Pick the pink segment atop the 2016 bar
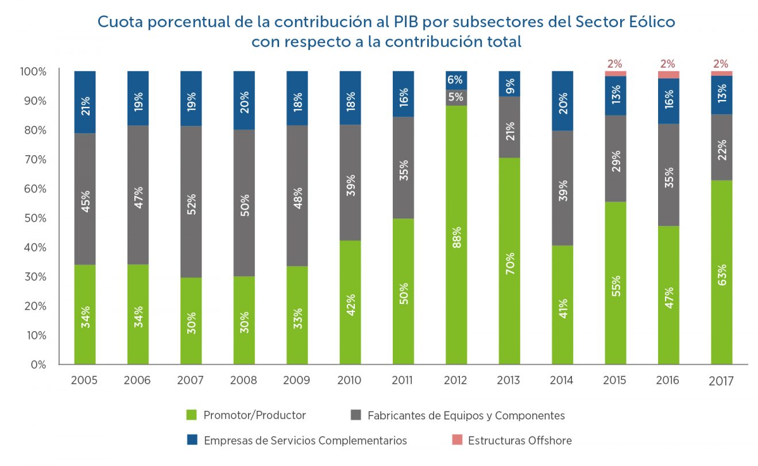tap(668, 75)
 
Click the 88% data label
tap(456, 235)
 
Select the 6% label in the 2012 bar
tap(456, 80)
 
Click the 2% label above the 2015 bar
tap(615, 63)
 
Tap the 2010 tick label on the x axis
tap(350, 380)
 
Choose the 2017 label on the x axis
tap(722, 381)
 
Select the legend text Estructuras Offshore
tap(520, 441)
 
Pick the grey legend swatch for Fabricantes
tap(355, 415)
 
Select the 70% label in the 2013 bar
tap(509, 264)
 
